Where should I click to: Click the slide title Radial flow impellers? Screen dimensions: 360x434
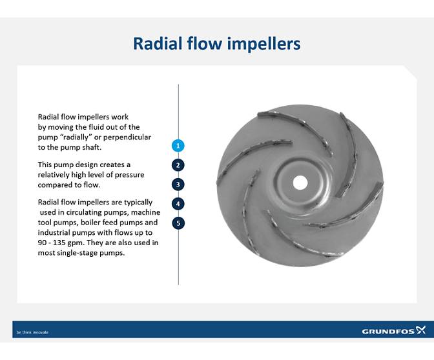point(216,43)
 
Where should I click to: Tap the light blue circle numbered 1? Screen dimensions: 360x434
point(178,146)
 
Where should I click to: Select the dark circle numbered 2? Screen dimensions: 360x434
point(178,165)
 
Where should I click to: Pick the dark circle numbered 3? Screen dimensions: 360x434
point(178,185)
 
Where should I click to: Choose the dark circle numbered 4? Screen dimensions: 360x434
point(178,204)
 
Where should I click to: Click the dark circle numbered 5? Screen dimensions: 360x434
point(178,223)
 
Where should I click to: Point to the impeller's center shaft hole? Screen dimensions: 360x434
point(300,182)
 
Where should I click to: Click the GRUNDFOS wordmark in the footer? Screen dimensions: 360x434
point(387,332)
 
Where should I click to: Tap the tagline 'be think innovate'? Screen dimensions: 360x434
point(32,332)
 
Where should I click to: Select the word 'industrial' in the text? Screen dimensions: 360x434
point(54,232)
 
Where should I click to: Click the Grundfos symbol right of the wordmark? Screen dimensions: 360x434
point(420,330)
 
